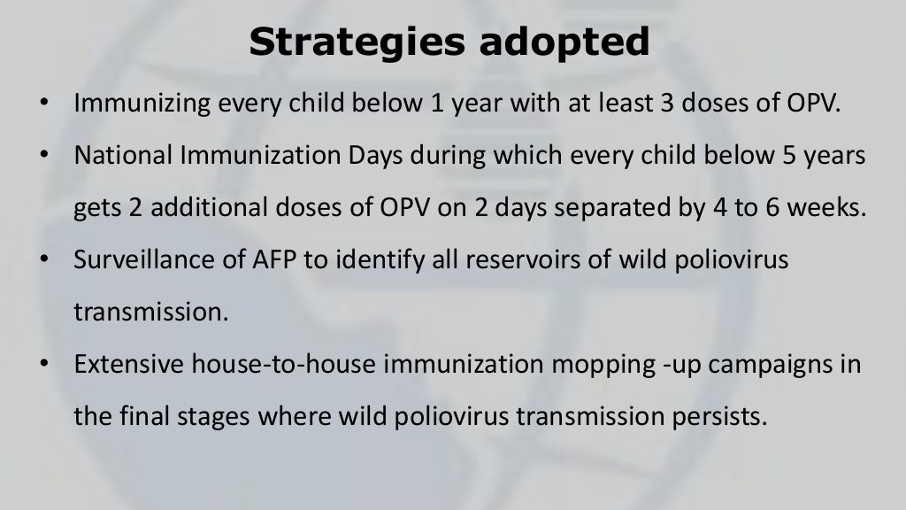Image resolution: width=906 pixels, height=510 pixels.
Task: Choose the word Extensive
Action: [x=124, y=365]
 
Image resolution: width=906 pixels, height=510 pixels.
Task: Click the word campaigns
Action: [x=740, y=365]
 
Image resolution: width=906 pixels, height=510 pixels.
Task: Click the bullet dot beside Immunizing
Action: [x=43, y=104]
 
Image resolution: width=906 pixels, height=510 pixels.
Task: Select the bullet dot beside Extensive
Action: [x=43, y=365]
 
